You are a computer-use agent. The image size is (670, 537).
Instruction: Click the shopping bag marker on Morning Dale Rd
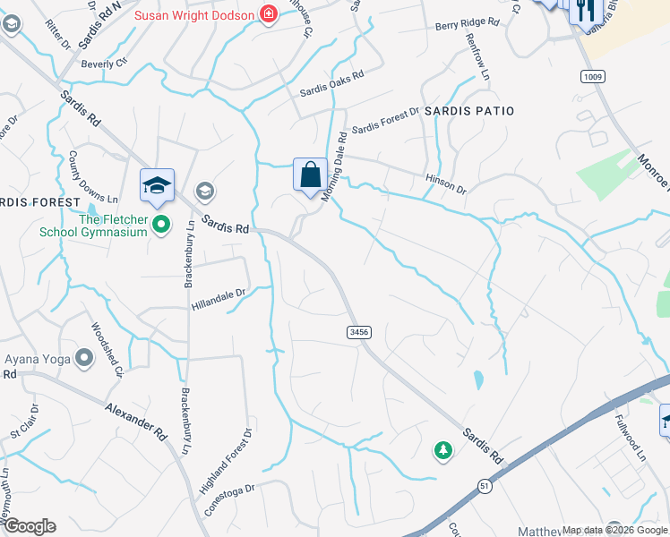[310, 174]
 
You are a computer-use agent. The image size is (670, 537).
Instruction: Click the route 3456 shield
[358, 332]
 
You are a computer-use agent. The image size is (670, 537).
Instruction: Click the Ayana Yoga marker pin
[85, 359]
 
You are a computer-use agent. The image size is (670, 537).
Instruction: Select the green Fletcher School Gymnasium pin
[161, 224]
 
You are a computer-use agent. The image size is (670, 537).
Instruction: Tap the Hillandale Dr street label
[218, 294]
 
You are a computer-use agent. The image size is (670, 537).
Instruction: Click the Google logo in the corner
[29, 526]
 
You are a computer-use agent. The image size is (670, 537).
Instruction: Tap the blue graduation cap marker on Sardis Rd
[157, 184]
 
